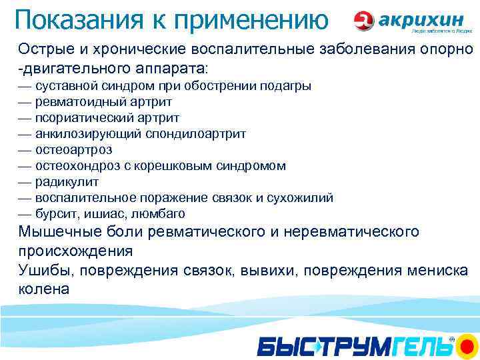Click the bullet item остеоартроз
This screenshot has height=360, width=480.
click(x=73, y=150)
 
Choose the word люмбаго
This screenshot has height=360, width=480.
click(x=160, y=214)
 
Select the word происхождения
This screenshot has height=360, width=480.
click(x=75, y=251)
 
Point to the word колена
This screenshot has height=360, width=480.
click(x=43, y=289)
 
